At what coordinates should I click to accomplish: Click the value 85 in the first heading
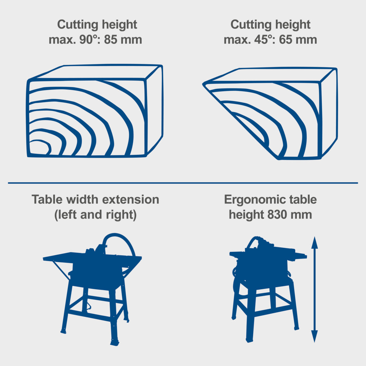110,39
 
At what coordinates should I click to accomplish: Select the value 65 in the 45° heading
285,39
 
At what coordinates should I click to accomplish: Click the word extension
131,200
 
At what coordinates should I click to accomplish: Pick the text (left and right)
95,215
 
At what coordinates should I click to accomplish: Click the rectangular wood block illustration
95,110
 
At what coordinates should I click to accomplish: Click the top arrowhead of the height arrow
314,243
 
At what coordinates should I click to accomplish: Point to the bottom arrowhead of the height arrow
314,337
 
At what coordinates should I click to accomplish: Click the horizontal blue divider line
183,183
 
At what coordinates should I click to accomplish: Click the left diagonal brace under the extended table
61,270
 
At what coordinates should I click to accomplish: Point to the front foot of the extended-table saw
115,343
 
